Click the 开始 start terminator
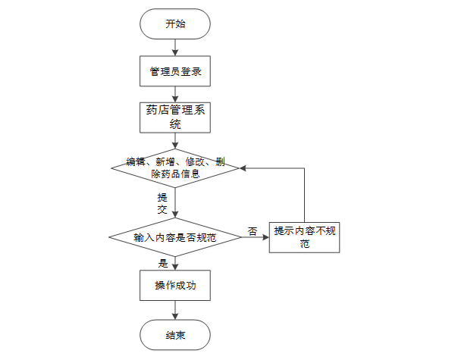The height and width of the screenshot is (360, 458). [x=175, y=24]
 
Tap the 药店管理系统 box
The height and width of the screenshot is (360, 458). [x=175, y=117]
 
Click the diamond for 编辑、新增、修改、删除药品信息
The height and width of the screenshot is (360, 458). [x=175, y=167]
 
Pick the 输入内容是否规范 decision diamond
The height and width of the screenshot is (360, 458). [x=175, y=237]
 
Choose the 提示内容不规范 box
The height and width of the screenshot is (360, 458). [x=304, y=237]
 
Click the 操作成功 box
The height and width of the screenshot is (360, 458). [x=175, y=286]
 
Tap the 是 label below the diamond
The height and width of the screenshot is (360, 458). [x=162, y=264]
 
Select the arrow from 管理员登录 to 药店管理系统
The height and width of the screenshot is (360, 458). [x=175, y=94]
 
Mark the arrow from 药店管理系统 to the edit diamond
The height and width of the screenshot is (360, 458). [x=175, y=141]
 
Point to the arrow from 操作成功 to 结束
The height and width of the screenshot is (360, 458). [x=175, y=310]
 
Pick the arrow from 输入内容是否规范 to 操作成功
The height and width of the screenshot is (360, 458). [x=175, y=262]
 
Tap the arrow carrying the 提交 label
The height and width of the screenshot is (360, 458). [x=175, y=202]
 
